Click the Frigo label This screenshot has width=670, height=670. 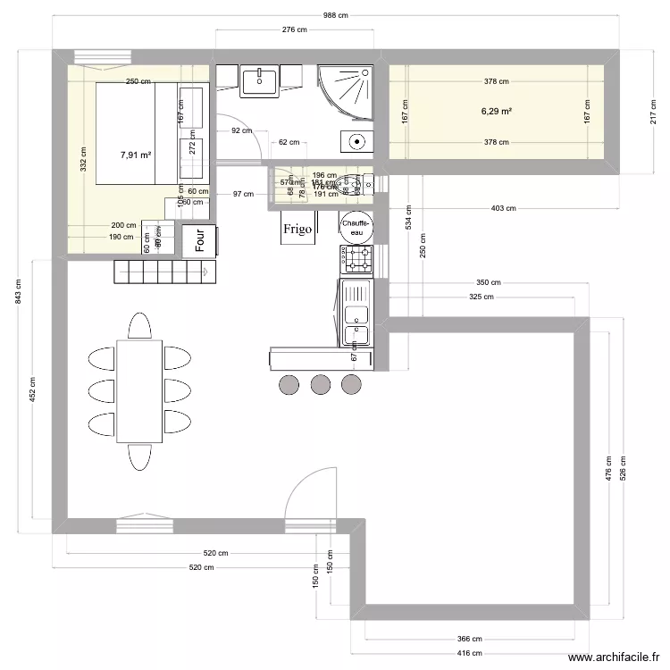click(x=297, y=230)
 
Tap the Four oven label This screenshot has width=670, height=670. click(x=200, y=240)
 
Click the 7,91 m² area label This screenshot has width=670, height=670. click(x=136, y=155)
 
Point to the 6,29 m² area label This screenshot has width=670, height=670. click(x=497, y=112)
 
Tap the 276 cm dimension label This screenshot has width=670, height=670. click(x=295, y=30)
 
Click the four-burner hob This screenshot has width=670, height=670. click(x=359, y=260)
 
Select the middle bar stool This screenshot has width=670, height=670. click(x=320, y=384)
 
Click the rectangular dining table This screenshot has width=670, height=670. click(x=139, y=390)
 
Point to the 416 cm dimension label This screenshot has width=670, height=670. click(x=470, y=654)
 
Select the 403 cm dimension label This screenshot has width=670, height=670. click(x=503, y=208)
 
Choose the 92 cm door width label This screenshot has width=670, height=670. click(x=241, y=131)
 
